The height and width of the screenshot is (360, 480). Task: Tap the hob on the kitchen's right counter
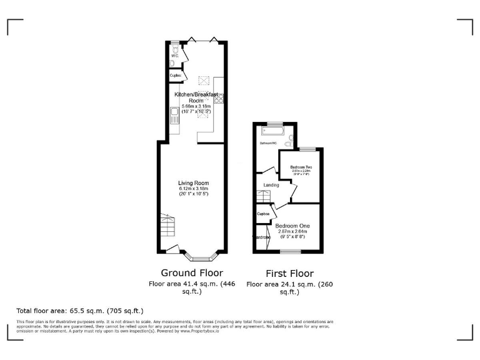[219, 98]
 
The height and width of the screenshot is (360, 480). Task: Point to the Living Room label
[193, 182]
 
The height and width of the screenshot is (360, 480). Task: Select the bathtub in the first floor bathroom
[272, 132]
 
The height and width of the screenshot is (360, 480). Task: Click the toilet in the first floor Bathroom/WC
[288, 144]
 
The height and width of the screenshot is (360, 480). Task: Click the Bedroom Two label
[301, 167]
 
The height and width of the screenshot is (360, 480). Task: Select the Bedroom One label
[292, 225]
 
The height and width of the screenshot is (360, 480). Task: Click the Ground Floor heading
[192, 272]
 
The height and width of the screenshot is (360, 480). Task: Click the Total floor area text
[79, 310]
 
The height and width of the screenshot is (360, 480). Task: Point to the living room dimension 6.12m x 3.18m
[193, 189]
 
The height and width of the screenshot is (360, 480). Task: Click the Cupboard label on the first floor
[263, 214]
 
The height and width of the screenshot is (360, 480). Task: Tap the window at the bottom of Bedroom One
[290, 251]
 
